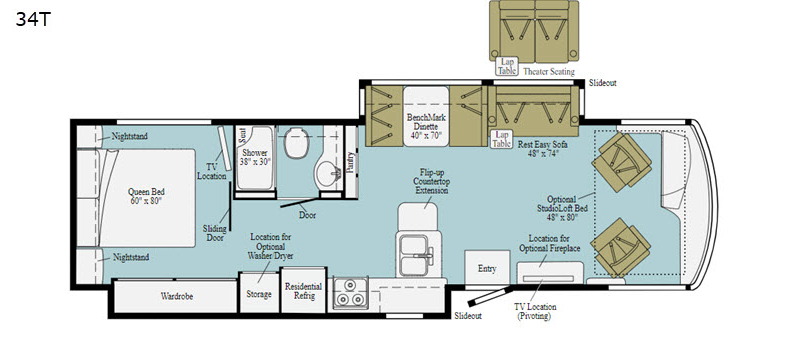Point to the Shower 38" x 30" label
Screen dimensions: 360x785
pyautogui.click(x=254, y=159)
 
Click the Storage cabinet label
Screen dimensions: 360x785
pyautogui.click(x=258, y=296)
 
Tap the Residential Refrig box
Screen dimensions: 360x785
pyautogui.click(x=304, y=291)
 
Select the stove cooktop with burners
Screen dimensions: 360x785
pyautogui.click(x=352, y=296)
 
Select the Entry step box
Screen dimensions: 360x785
pyautogui.click(x=487, y=268)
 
